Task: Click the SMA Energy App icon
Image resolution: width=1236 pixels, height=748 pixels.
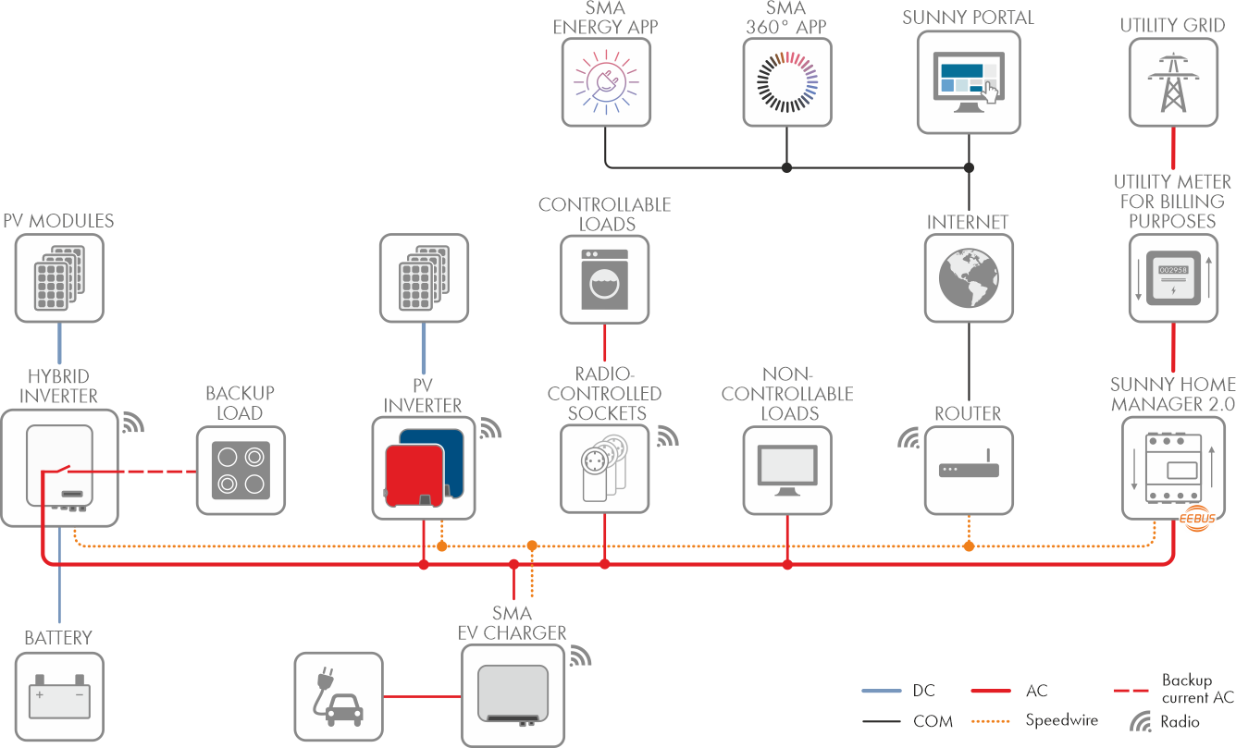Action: pos(605,80)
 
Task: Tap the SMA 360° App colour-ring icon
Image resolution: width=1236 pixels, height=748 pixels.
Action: pos(786,80)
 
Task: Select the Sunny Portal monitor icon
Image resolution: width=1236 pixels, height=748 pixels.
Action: pos(968,80)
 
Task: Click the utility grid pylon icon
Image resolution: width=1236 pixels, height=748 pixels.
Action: pos(1173,80)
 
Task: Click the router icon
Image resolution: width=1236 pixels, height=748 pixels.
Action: pos(969,469)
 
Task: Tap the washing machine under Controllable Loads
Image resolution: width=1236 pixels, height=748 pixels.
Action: pos(605,278)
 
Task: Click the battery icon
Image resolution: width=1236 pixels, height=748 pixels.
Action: pos(59,697)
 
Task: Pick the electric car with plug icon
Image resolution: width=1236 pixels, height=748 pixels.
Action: pos(339,697)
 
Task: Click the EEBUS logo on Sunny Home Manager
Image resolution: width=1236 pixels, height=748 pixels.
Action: pos(1194,521)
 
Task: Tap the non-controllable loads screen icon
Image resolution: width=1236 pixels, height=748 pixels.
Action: pos(787,468)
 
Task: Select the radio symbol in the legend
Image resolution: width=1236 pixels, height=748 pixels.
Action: pos(1143,721)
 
